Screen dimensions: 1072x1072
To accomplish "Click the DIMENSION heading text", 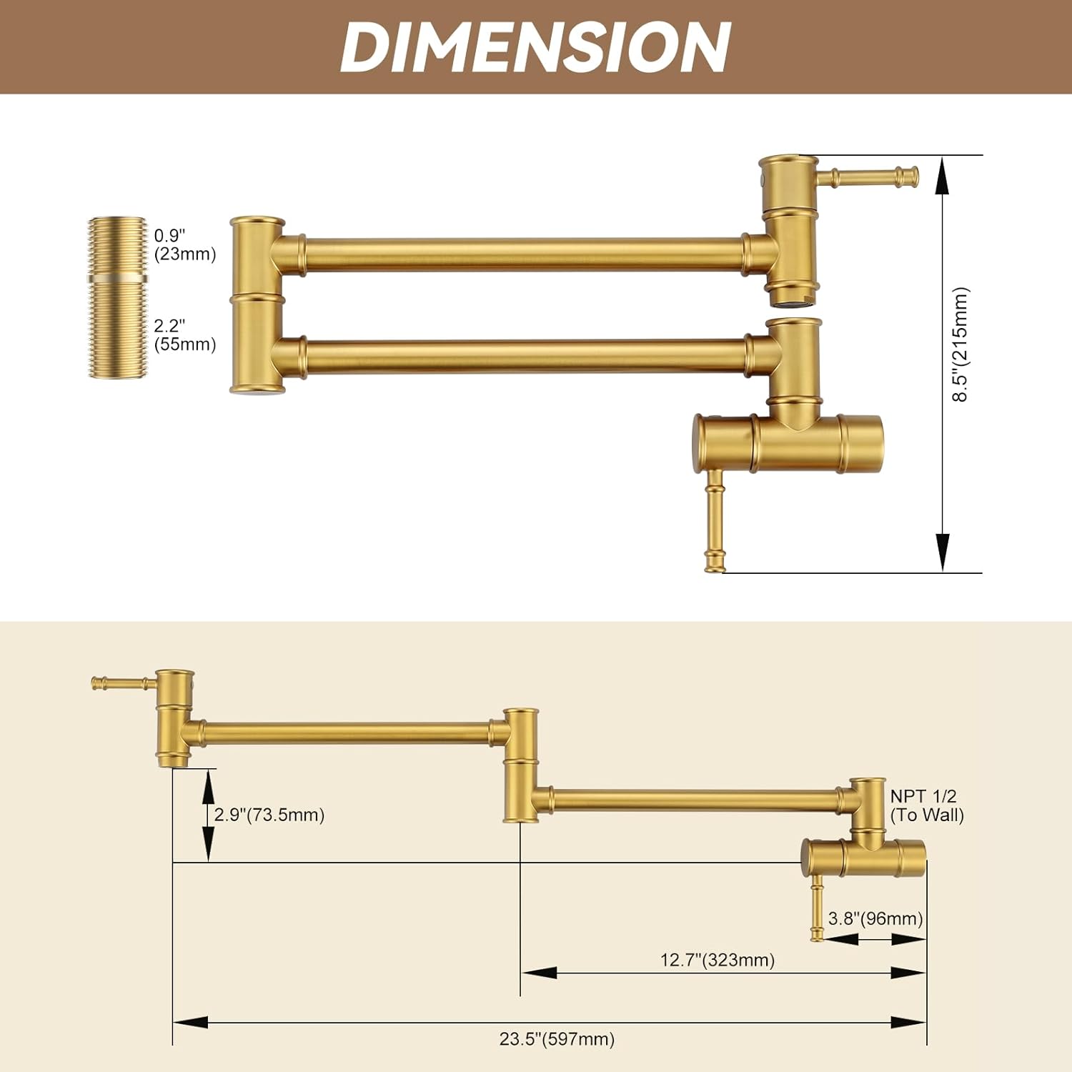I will click(535, 46).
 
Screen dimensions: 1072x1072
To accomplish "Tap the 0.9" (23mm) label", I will click(184, 245).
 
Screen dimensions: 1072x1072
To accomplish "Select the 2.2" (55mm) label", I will click(184, 335).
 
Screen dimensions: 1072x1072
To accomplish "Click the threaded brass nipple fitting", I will click(117, 297).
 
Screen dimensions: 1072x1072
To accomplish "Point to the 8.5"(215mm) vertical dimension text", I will click(961, 344).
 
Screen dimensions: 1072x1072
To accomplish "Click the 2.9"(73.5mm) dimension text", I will click(269, 815).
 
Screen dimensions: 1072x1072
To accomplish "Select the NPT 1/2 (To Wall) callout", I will click(926, 805).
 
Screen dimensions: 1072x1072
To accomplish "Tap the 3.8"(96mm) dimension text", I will click(875, 918).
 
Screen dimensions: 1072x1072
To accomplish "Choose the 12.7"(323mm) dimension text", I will click(717, 960).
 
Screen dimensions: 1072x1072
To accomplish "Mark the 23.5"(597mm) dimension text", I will click(557, 1038).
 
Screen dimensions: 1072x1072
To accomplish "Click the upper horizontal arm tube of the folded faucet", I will click(525, 254).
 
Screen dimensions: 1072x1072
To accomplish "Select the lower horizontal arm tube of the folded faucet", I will click(525, 356).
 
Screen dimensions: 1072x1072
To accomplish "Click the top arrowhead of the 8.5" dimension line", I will click(943, 175).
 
